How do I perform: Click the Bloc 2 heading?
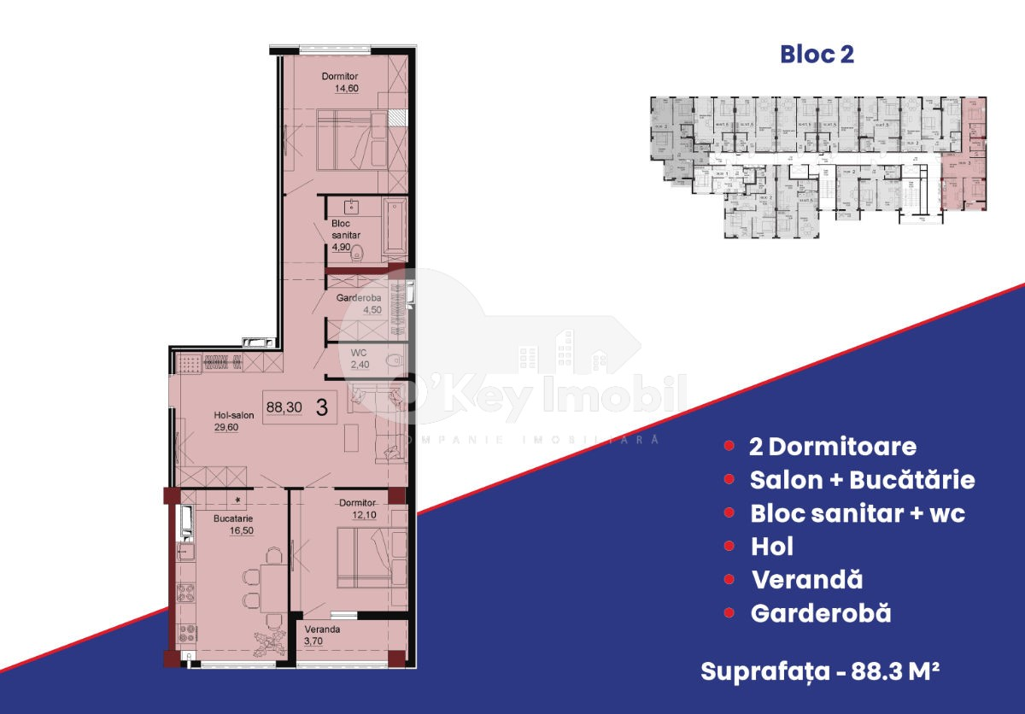(x=817, y=55)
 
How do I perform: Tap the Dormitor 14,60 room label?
(x=338, y=82)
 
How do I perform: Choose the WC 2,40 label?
(x=359, y=359)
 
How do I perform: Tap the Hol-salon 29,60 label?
(x=233, y=421)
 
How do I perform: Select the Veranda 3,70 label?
(x=324, y=635)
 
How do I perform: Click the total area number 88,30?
(x=284, y=407)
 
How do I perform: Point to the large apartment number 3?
(x=321, y=407)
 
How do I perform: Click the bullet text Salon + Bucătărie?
(x=862, y=480)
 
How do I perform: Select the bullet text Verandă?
(x=806, y=580)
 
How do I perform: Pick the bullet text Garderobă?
(x=820, y=613)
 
